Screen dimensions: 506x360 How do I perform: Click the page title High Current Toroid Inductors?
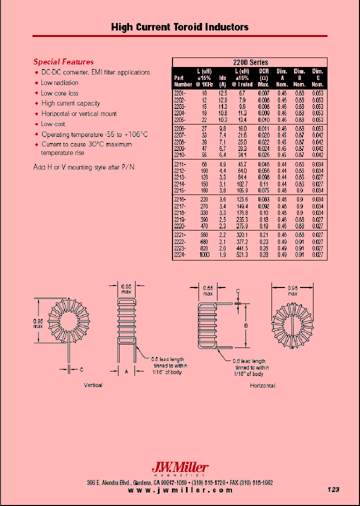pos(179,27)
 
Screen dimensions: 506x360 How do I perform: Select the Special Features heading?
pos(63,62)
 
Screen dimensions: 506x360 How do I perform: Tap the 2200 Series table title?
pos(250,62)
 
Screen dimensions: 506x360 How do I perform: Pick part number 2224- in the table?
pos(180,254)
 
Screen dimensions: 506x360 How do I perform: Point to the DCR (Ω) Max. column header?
pos(264,78)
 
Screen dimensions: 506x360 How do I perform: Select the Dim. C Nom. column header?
pos(317,78)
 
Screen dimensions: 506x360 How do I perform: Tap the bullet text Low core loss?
pos(59,93)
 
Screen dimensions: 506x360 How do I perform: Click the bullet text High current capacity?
pos(70,103)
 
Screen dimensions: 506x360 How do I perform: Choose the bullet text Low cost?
pos(53,124)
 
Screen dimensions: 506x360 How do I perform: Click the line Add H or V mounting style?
pos(83,167)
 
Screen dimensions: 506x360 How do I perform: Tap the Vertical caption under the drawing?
pos(93,385)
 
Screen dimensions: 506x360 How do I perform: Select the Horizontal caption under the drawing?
pos(262,385)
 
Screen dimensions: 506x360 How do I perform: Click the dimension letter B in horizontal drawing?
pos(245,325)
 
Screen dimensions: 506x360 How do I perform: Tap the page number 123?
pos(333,489)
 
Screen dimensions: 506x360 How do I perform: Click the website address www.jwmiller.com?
pos(180,490)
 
